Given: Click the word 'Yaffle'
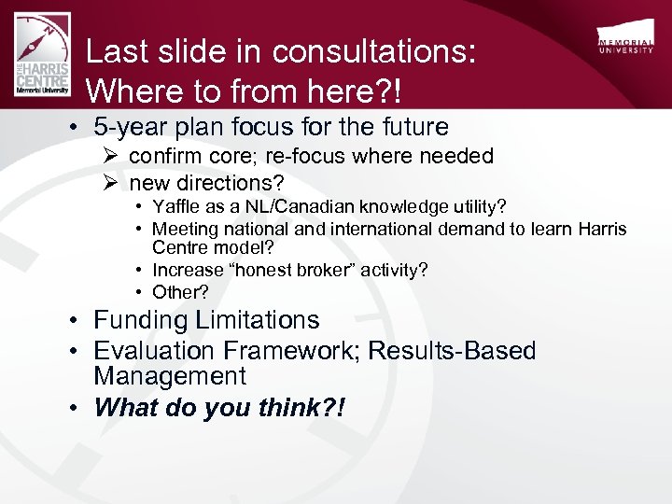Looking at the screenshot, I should tap(177, 206).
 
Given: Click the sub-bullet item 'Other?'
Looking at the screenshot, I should tap(180, 291).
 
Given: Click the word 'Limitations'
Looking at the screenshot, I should tap(258, 320).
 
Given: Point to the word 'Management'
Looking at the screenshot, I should tap(169, 376).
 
